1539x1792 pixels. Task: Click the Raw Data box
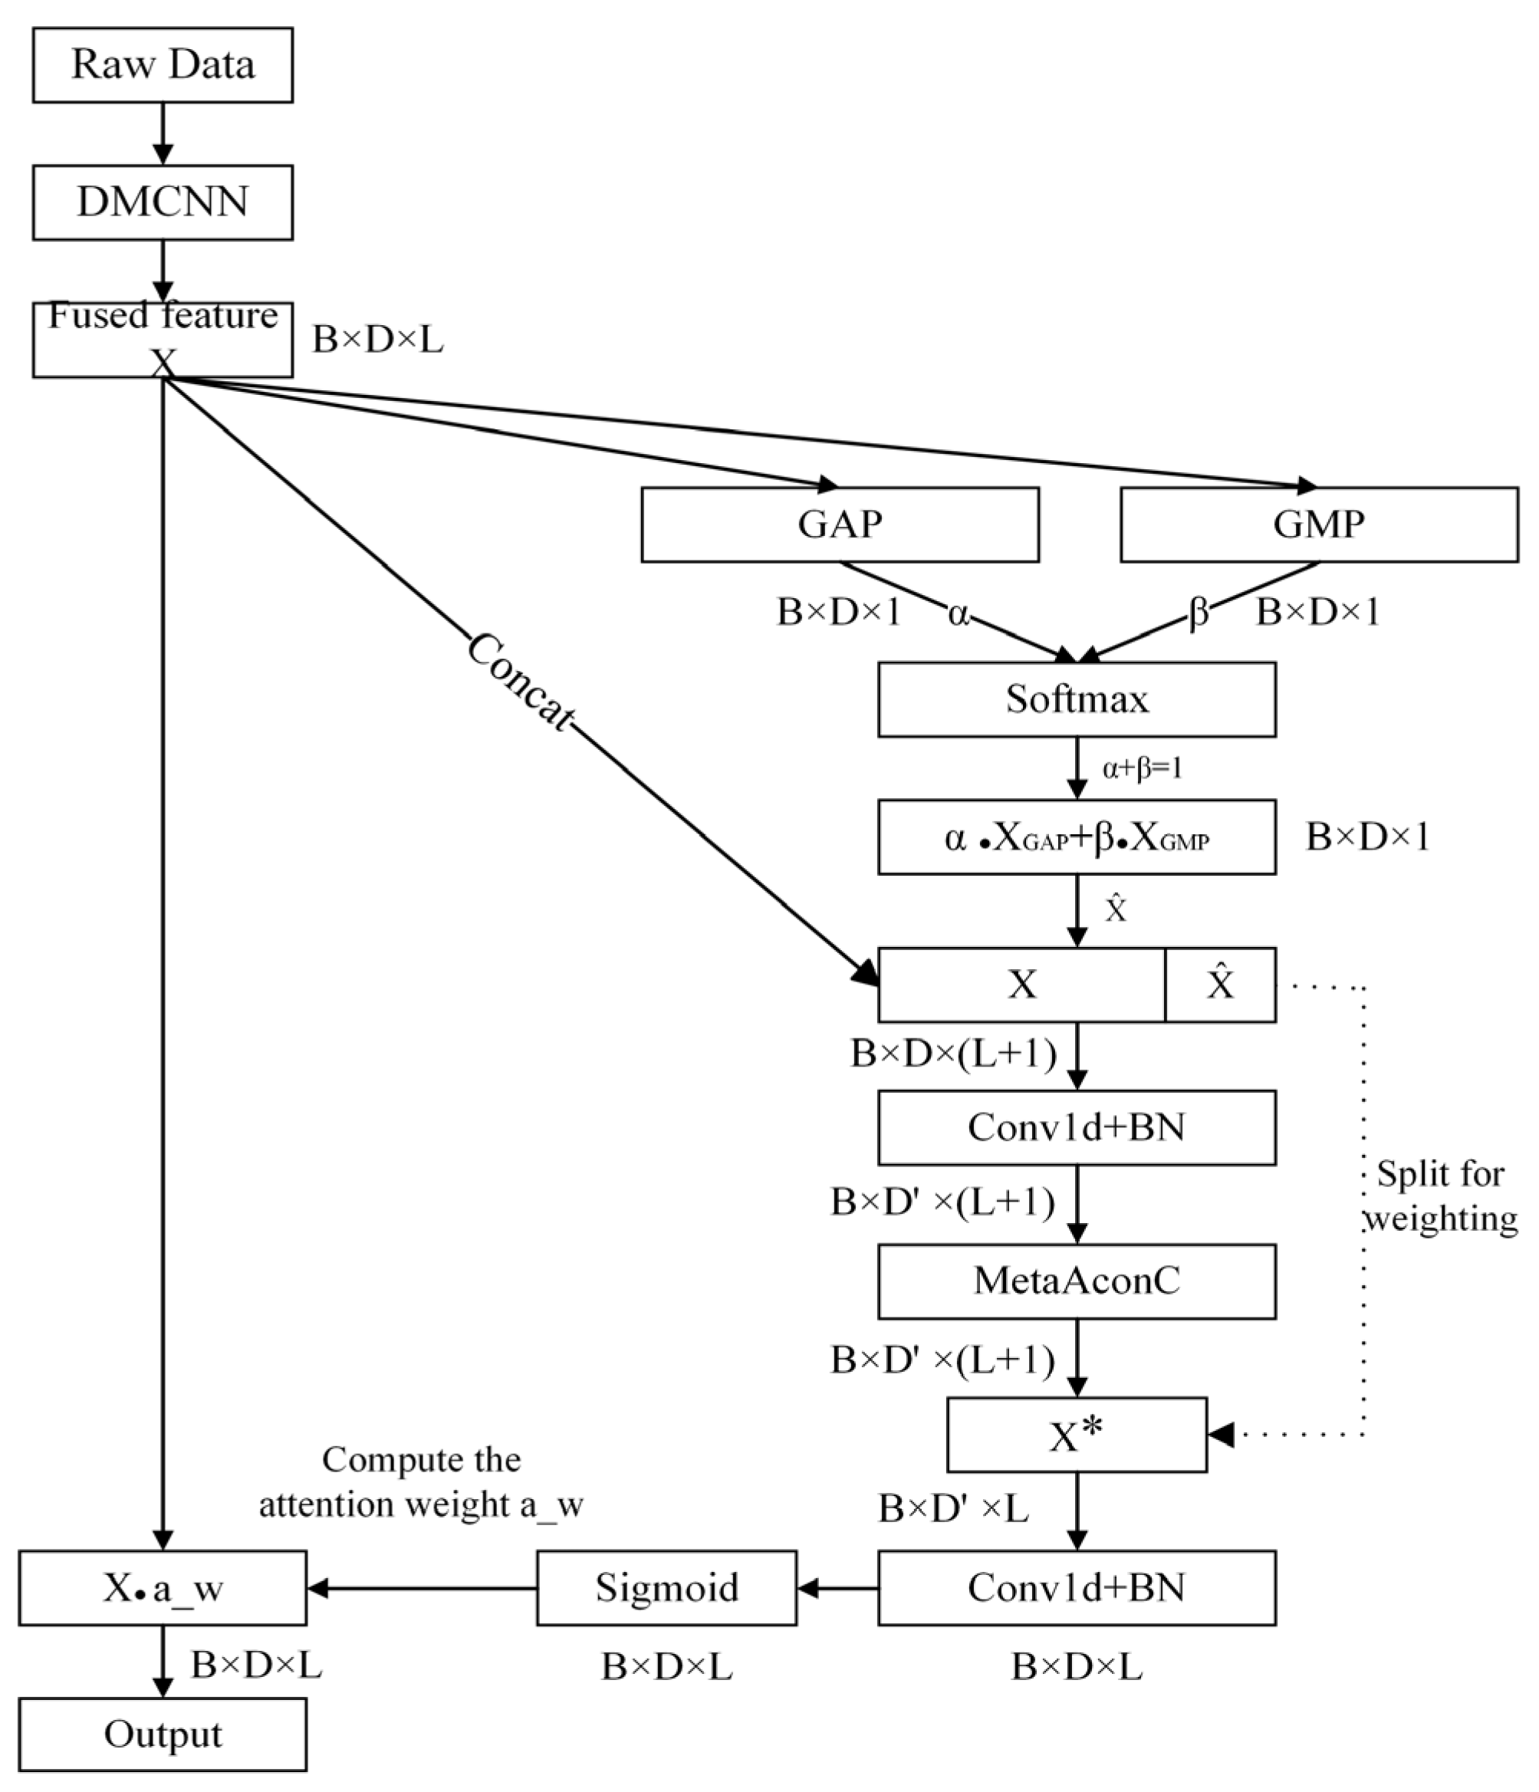point(163,65)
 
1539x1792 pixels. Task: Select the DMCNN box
point(163,202)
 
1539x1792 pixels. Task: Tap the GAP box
point(839,524)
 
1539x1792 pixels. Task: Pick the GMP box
point(1318,524)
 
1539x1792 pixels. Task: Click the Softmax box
point(1076,699)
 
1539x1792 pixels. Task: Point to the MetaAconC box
point(1076,1281)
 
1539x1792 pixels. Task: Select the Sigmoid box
point(666,1587)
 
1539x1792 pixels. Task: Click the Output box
point(163,1734)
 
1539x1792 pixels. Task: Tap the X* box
point(1076,1435)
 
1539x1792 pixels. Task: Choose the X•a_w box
point(163,1587)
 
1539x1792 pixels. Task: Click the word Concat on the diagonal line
point(520,682)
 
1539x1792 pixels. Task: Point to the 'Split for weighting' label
point(1440,1196)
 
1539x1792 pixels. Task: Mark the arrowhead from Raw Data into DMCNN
point(163,154)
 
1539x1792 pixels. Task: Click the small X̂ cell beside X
point(1220,985)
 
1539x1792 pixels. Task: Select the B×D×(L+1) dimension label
point(953,1054)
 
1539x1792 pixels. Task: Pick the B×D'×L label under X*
point(953,1509)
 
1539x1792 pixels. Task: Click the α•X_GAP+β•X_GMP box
point(1076,837)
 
